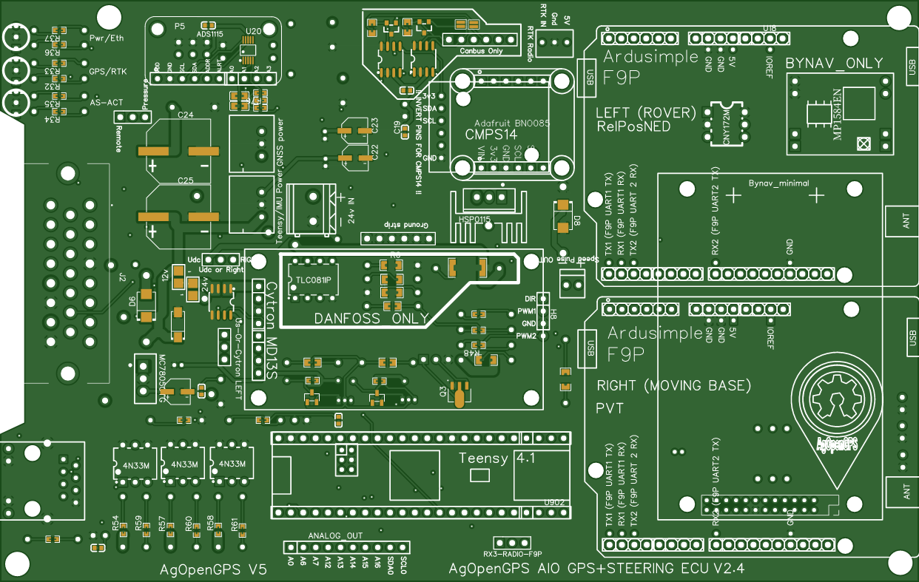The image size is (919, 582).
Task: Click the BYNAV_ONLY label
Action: (834, 63)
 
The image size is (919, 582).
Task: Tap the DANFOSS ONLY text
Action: (371, 319)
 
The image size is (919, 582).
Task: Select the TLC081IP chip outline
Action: (312, 280)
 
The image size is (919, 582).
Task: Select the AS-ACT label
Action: (107, 104)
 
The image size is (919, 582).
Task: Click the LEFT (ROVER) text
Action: (646, 113)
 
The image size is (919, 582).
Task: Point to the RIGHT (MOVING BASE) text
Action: (673, 386)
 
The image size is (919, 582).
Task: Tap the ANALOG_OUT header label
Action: (335, 535)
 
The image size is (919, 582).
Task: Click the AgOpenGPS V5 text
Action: (213, 569)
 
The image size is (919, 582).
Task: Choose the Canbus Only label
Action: (481, 51)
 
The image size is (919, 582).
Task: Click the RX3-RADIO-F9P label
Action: (513, 554)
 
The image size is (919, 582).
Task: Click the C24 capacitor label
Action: (186, 115)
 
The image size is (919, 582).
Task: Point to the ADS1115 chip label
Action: (209, 34)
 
